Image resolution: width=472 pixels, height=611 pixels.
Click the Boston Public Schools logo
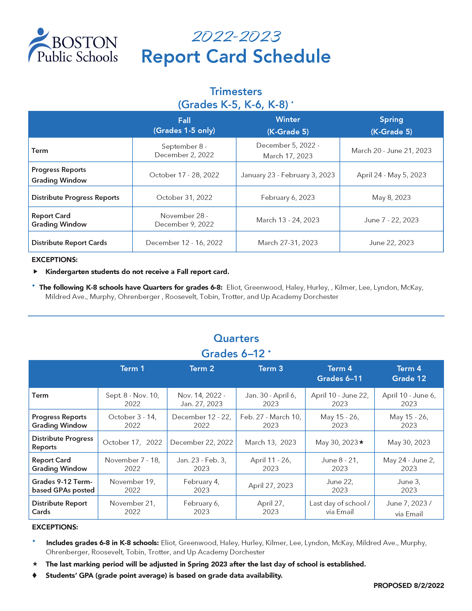[73, 46]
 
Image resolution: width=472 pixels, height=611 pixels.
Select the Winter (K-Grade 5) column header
[288, 125]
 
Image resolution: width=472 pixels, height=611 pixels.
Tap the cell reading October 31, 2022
[184, 197]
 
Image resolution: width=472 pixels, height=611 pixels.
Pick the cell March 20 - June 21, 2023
[391, 151]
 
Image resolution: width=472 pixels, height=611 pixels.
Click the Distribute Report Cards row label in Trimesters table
[69, 242]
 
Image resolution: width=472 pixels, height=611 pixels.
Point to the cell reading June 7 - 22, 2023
[391, 220]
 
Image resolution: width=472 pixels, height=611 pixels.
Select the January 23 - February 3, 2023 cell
[288, 175]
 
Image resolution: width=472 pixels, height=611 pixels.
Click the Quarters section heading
[236, 338]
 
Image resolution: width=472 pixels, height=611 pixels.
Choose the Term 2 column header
[202, 369]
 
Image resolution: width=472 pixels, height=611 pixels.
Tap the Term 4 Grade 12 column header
[409, 374]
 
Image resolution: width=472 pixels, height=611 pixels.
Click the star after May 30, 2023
[361, 442]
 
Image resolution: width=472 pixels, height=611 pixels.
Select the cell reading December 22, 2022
[202, 442]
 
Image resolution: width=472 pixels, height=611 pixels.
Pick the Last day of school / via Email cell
[340, 507]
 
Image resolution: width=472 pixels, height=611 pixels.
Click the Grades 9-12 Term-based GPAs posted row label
[63, 486]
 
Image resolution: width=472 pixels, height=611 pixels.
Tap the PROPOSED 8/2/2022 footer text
[409, 586]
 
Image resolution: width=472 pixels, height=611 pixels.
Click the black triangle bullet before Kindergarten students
[35, 271]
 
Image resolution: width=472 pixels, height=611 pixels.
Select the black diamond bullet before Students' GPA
[35, 575]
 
